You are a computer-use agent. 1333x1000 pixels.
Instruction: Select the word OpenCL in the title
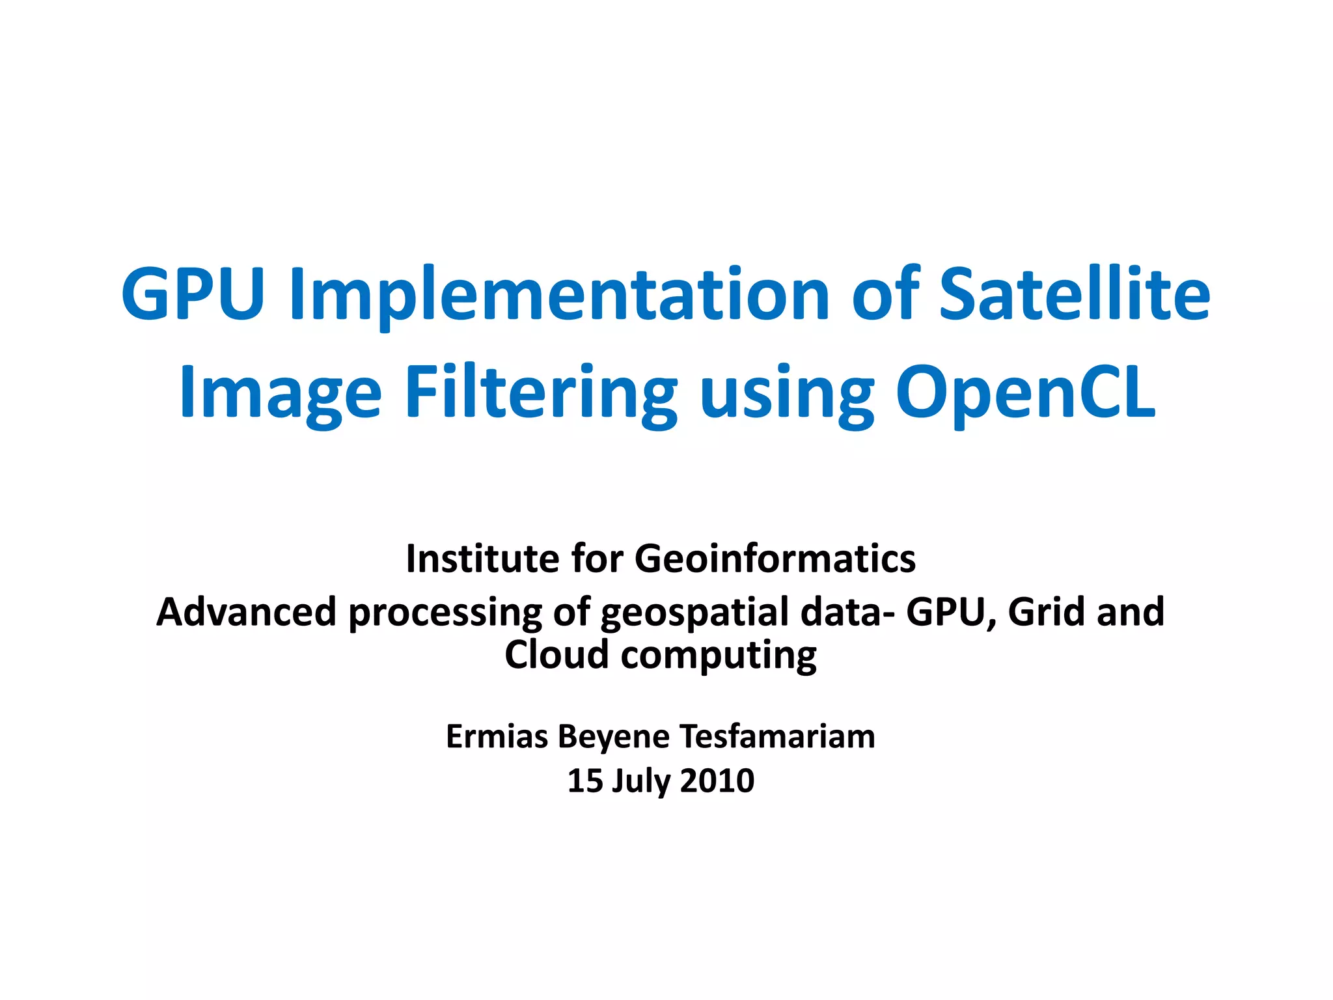coord(1026,392)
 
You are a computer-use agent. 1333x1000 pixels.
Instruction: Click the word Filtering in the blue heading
coord(540,393)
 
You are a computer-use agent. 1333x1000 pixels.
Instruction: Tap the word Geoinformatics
coord(775,559)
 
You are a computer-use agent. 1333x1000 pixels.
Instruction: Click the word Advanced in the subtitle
coord(246,612)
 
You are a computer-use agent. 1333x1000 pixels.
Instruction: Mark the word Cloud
coord(557,654)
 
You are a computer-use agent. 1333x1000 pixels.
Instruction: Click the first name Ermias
coord(496,736)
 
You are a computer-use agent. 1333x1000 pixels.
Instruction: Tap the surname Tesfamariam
coord(777,736)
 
